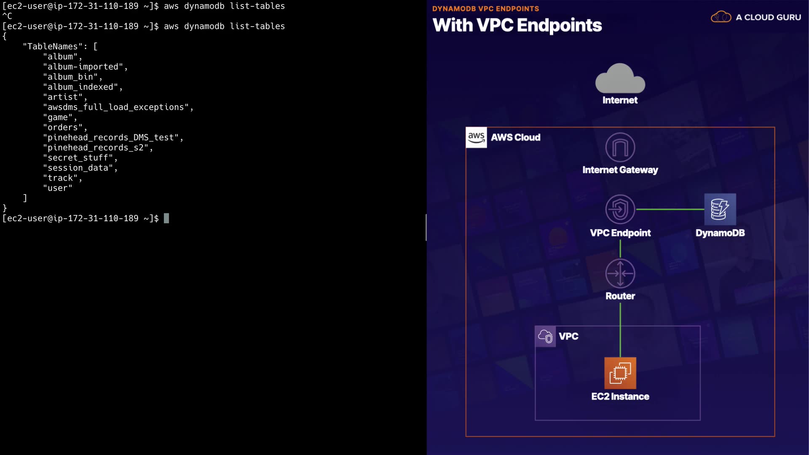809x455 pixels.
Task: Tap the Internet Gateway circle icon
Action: click(620, 147)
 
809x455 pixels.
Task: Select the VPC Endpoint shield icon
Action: click(620, 209)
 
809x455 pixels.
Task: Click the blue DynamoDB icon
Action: click(720, 209)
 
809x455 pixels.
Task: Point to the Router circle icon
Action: click(620, 273)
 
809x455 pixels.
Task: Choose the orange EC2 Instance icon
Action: click(620, 373)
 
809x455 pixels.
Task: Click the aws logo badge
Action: click(476, 137)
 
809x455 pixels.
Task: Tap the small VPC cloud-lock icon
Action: click(545, 336)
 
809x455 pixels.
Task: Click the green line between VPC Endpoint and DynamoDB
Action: click(670, 209)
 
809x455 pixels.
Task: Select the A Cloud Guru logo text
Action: click(768, 17)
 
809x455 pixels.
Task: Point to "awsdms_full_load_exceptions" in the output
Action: click(115, 107)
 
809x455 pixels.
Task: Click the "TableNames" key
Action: click(53, 46)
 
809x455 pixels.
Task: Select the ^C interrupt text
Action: click(7, 16)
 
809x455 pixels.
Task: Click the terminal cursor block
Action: click(166, 218)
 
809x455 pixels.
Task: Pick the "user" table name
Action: click(57, 188)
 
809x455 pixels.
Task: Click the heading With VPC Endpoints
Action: click(517, 25)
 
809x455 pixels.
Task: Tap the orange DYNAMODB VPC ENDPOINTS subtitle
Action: click(485, 8)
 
